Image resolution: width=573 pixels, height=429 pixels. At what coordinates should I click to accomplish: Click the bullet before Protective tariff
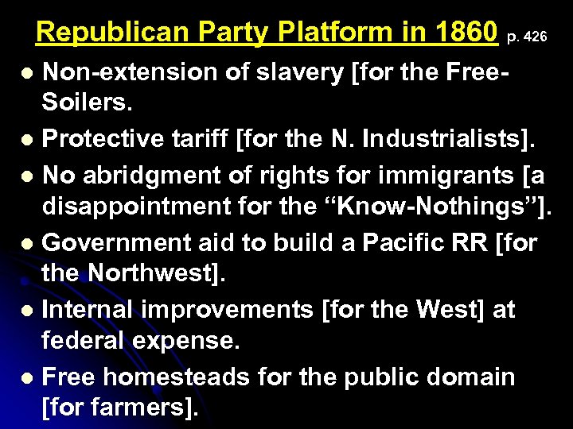click(x=26, y=141)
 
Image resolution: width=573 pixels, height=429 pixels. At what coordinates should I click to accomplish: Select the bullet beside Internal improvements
click(x=26, y=311)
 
